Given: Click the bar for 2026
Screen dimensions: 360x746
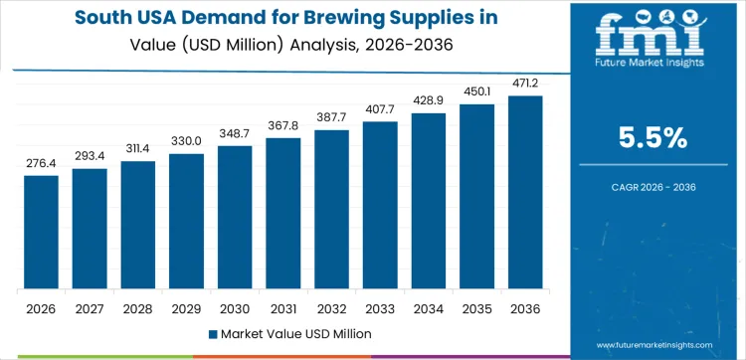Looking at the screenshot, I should tap(41, 233).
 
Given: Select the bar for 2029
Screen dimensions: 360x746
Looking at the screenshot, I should tap(186, 222).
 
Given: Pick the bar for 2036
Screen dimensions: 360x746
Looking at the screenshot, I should tap(525, 193).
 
